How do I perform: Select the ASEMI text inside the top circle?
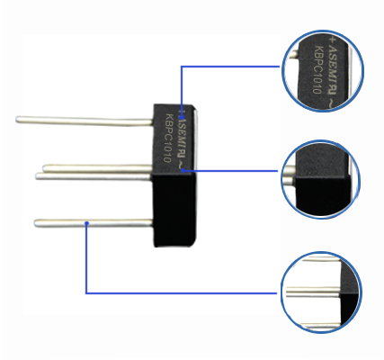click(x=333, y=65)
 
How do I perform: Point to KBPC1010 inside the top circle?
click(x=317, y=69)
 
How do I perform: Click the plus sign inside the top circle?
click(x=332, y=40)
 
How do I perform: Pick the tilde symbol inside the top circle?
click(x=331, y=103)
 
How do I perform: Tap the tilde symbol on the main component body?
click(x=181, y=165)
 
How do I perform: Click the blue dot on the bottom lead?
click(x=86, y=223)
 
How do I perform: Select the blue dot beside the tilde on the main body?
click(x=183, y=170)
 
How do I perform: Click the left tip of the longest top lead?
click(x=16, y=120)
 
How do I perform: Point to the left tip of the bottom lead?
click(x=35, y=223)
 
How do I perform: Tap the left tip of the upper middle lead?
click(x=43, y=167)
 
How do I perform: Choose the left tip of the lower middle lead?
click(x=36, y=176)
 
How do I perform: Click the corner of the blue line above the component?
click(x=182, y=67)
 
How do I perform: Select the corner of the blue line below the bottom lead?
click(x=86, y=293)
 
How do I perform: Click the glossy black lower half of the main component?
click(x=174, y=210)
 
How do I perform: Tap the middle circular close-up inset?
click(x=320, y=179)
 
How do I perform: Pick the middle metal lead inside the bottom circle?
click(x=313, y=292)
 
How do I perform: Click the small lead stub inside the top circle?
click(x=293, y=54)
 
